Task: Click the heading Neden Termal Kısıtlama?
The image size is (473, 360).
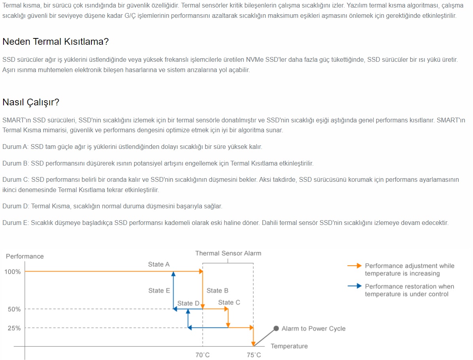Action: [55, 42]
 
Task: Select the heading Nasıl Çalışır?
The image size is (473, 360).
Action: [31, 102]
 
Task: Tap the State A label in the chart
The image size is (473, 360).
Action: [159, 264]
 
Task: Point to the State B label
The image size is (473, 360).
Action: [217, 291]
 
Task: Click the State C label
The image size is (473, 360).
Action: [229, 302]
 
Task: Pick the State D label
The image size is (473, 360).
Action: [188, 303]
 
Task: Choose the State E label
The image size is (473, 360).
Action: [159, 291]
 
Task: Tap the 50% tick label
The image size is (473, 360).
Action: [14, 309]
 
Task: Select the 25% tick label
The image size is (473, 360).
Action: [14, 328]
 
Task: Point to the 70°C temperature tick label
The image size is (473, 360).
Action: [203, 355]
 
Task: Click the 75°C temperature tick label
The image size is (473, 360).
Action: [254, 355]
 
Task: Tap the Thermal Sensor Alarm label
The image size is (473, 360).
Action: [228, 253]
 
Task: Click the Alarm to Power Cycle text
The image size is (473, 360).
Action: [313, 328]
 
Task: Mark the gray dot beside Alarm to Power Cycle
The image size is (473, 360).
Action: [276, 328]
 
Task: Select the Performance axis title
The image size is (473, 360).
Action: [25, 256]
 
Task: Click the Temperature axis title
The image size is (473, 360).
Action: [289, 346]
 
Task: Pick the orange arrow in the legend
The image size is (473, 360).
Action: [354, 266]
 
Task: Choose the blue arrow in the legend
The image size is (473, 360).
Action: [354, 286]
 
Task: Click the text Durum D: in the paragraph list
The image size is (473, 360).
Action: [15, 206]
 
